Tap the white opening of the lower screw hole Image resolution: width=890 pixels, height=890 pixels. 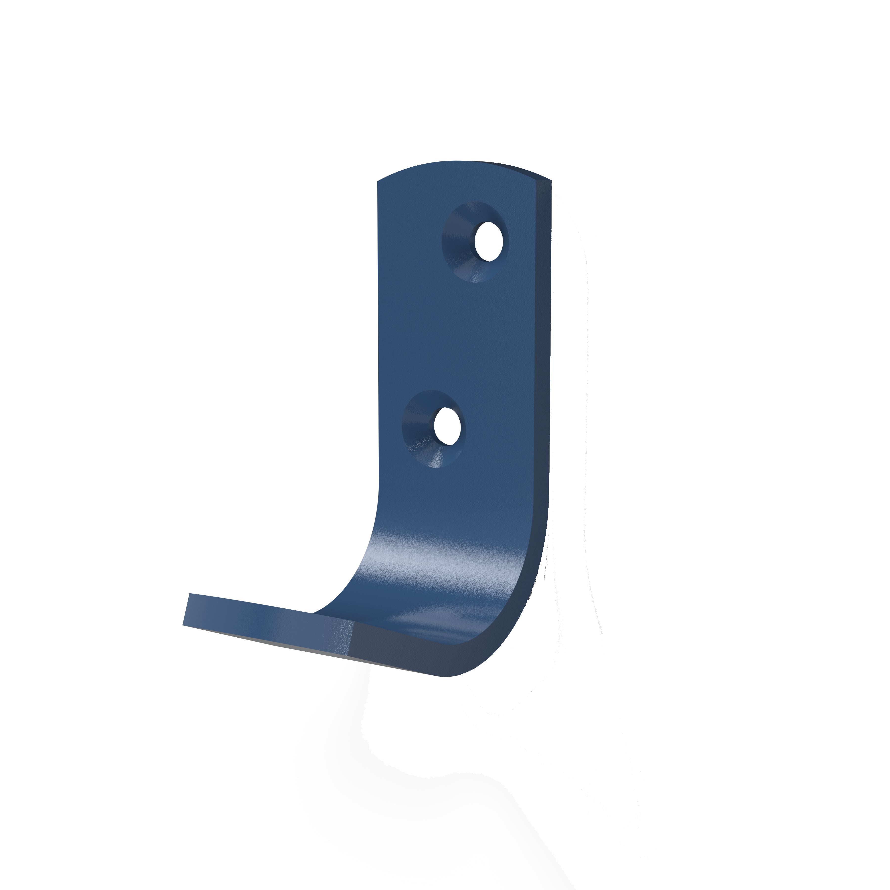point(447,426)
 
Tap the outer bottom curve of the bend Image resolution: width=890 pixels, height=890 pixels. point(497,654)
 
